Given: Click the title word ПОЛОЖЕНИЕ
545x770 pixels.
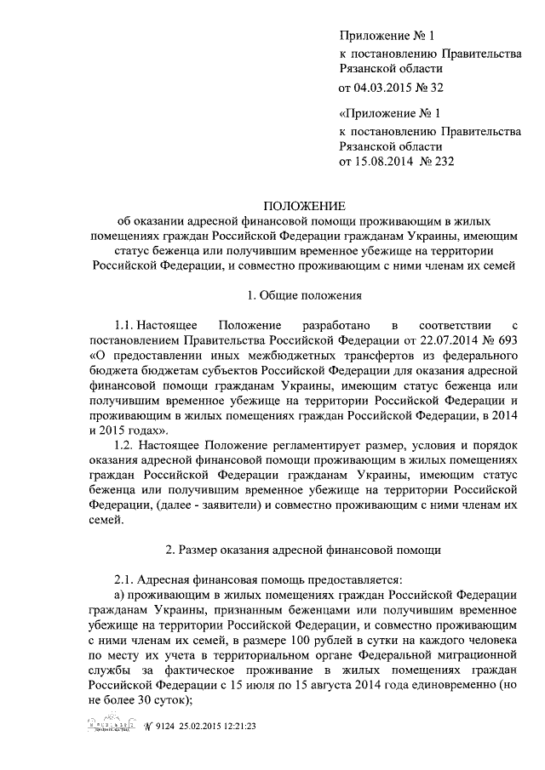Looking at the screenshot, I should point(303,207).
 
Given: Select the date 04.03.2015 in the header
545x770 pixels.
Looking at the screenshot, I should point(383,87).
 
